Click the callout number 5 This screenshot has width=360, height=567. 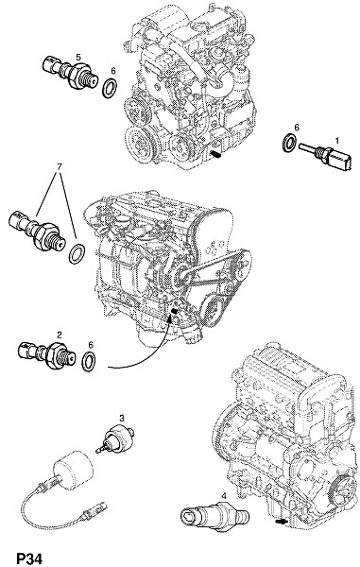tap(78, 57)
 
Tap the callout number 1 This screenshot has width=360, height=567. tap(337, 140)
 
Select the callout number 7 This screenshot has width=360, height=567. tap(60, 166)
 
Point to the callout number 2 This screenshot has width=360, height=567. tap(60, 335)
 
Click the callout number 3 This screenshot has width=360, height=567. tap(122, 419)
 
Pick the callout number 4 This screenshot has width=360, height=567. tap(224, 496)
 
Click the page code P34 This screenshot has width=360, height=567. tap(29, 558)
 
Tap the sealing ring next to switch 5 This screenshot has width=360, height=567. tap(110, 88)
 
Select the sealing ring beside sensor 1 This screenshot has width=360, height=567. tap(289, 143)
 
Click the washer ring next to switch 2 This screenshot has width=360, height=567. tap(89, 361)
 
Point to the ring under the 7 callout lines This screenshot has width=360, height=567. tap(77, 254)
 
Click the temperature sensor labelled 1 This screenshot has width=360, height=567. tap(325, 157)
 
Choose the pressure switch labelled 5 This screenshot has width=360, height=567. tap(68, 73)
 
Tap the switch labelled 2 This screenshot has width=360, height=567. tap(46, 354)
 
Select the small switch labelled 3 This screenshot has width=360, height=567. tap(114, 438)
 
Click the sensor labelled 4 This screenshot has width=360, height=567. tap(215, 516)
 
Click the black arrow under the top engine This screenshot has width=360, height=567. tap(215, 155)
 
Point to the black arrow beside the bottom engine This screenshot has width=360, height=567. tap(281, 522)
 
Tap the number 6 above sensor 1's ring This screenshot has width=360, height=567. tap(297, 128)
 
